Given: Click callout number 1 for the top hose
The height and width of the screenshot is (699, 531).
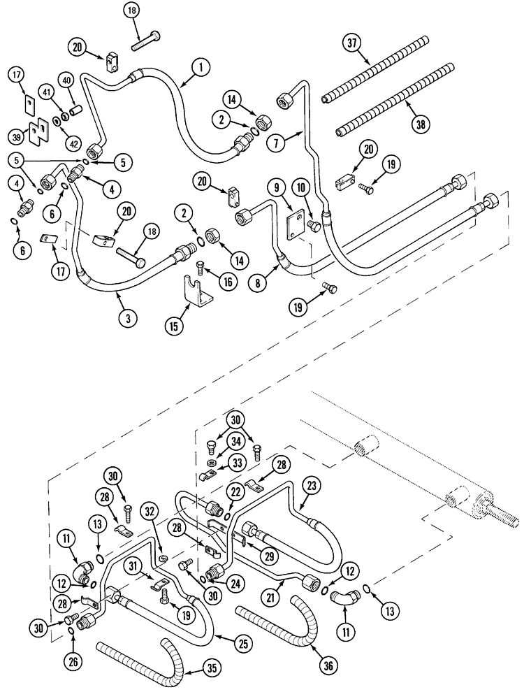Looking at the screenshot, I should coord(200,68).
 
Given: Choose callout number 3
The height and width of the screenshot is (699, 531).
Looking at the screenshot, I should coord(128,317).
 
